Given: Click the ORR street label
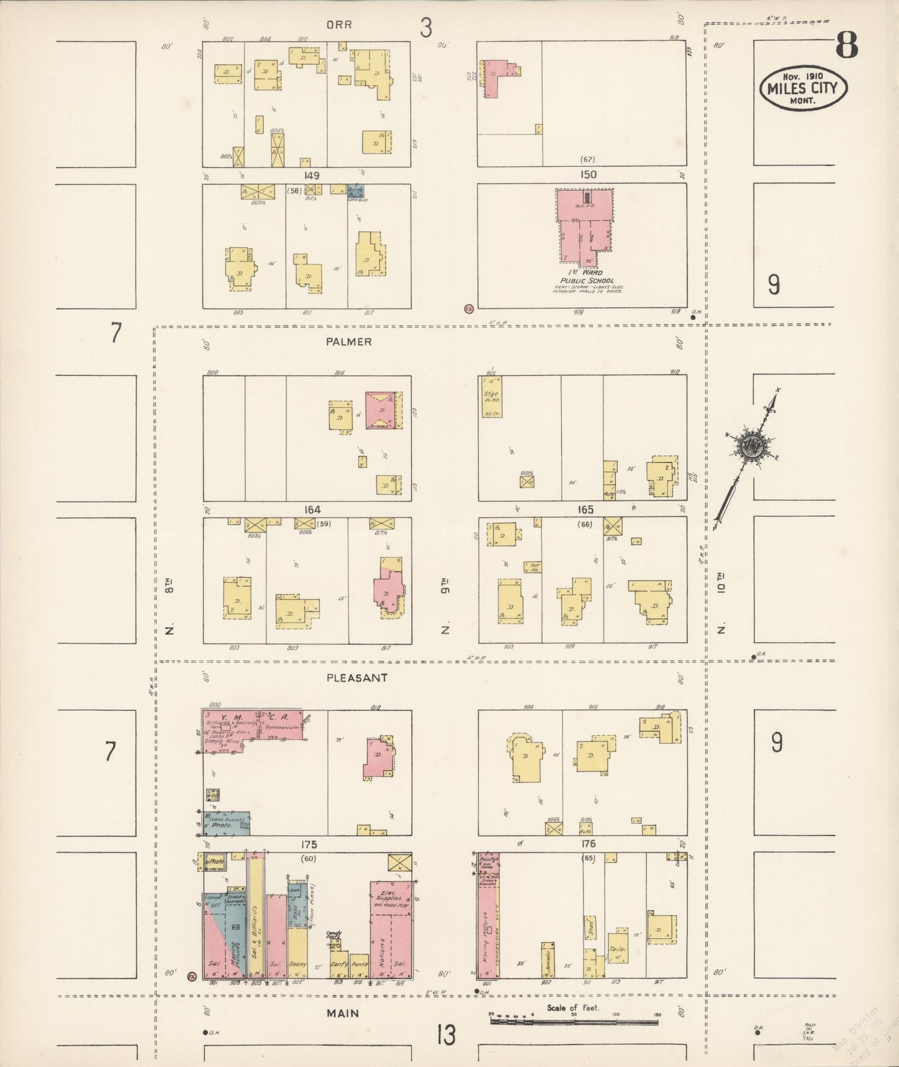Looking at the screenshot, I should click(339, 25).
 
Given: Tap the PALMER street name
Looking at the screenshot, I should click(348, 342).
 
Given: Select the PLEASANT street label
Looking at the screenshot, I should click(356, 678).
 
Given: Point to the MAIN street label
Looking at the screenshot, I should click(343, 1013).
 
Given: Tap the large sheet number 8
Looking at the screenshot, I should click(846, 44).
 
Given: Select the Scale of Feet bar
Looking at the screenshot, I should click(574, 1022).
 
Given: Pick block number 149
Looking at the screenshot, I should click(312, 176).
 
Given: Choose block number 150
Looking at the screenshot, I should click(588, 175).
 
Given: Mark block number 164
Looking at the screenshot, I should click(312, 510).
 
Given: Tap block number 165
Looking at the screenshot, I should click(585, 510).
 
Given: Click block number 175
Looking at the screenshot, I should click(309, 845).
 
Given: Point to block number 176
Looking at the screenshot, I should click(588, 844).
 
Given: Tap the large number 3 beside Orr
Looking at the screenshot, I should click(426, 28).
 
